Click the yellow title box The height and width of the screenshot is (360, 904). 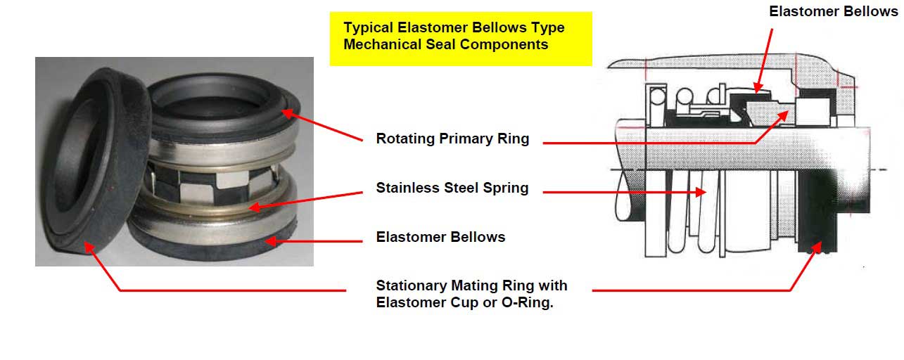pos(461,39)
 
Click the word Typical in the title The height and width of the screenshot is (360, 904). pos(368,28)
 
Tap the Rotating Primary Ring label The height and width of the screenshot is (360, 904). pos(452,139)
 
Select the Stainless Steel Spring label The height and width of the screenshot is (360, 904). pos(452,188)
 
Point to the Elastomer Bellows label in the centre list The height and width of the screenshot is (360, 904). pos(440,237)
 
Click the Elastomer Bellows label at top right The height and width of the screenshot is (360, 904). pos(834,11)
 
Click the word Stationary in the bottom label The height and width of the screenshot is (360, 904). pos(412,286)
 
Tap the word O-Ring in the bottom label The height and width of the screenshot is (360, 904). pos(527,302)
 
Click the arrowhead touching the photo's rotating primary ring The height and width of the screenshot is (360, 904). pos(287,113)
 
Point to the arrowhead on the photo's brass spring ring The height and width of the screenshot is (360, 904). pos(254,207)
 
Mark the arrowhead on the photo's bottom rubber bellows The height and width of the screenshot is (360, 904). pos(270,241)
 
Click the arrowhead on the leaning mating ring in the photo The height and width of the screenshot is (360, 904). pos(89,246)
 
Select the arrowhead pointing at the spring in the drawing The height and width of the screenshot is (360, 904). pos(701,192)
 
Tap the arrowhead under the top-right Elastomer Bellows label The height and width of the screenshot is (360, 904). pos(758,88)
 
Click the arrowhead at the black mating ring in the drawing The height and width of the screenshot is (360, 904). pos(817,247)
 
